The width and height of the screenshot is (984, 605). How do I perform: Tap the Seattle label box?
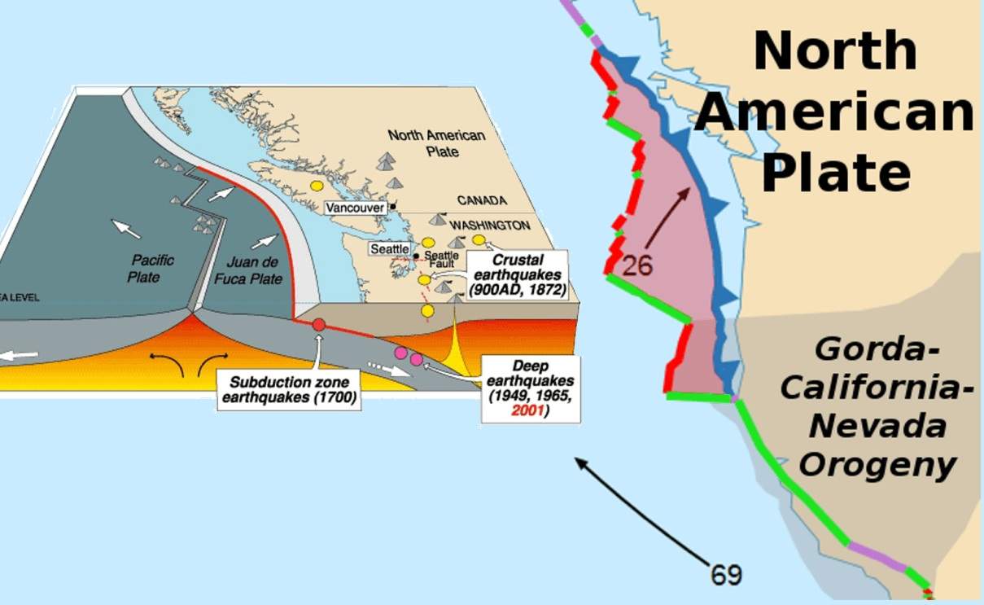(x=389, y=248)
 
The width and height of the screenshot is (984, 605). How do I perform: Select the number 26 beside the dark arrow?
(x=637, y=265)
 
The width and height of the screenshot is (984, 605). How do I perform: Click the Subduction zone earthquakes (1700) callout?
(x=290, y=389)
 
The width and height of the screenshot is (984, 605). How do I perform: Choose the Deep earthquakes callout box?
(x=531, y=388)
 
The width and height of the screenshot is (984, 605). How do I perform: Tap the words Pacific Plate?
(x=151, y=269)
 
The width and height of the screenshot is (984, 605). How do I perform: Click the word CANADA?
(x=481, y=200)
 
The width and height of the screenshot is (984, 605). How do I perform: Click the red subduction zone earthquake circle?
(x=319, y=324)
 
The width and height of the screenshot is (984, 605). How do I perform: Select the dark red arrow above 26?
(x=670, y=217)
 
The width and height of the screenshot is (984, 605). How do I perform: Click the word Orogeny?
(x=877, y=465)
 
